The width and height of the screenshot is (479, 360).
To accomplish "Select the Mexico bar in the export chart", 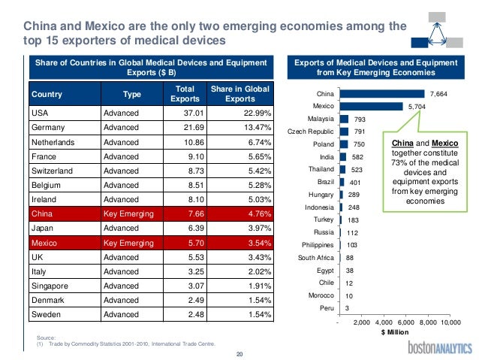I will coord(370,107).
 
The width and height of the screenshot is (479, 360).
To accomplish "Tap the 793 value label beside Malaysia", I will coord(360,119).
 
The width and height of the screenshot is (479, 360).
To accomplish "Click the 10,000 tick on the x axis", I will coord(450,322).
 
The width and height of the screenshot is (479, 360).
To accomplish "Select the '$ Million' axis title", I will coord(394,331).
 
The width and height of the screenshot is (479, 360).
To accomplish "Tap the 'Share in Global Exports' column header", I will coord(239,94).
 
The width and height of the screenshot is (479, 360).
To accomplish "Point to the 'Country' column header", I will coord(46,94).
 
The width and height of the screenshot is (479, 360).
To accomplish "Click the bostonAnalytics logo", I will coord(440,347).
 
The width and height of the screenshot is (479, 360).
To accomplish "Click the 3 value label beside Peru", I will coord(346,307).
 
